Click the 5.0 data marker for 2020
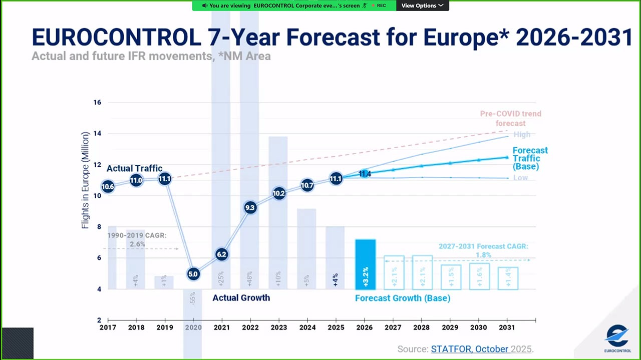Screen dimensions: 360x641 193,274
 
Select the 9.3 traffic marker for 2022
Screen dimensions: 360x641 250,207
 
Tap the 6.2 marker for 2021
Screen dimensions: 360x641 221,254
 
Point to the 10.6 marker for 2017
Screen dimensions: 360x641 108,187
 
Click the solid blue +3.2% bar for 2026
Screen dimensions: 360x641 365,264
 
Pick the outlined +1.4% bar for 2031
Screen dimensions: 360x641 508,278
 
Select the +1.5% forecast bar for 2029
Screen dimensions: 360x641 451,277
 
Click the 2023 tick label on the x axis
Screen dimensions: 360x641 278,327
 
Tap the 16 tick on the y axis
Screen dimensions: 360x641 97,103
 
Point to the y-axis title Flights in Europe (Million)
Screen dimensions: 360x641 85,180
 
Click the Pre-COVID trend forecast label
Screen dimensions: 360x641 510,118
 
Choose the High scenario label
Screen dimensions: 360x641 521,134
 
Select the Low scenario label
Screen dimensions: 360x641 520,178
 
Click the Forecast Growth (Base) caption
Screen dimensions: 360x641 403,298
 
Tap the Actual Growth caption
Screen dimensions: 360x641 241,298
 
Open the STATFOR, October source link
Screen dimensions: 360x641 469,349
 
